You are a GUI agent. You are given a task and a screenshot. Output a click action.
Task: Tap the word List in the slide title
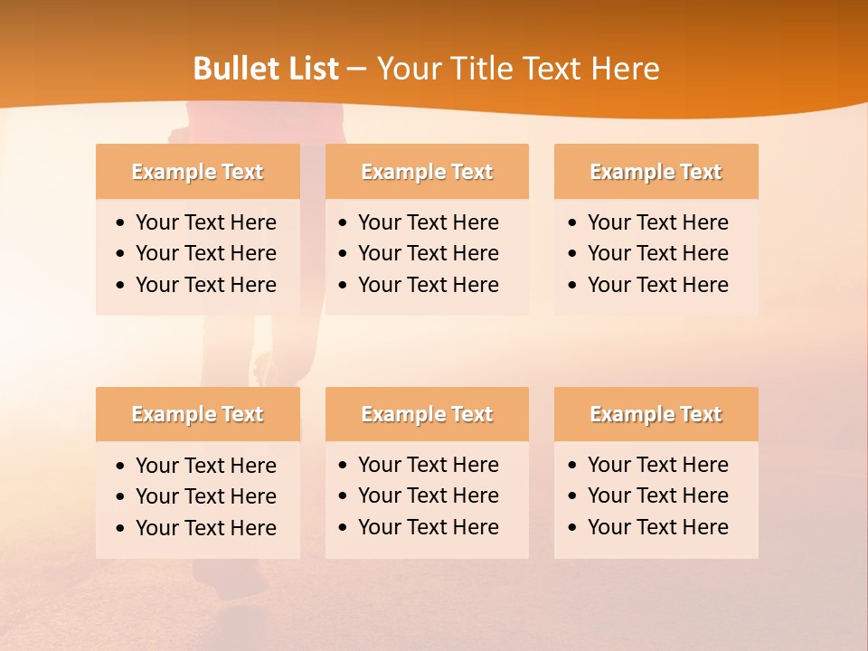tap(312, 69)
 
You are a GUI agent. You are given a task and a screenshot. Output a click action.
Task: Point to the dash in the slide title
tap(357, 70)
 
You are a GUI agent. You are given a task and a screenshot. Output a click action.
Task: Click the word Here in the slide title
tap(626, 69)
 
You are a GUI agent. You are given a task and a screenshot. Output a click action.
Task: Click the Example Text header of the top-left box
tap(197, 172)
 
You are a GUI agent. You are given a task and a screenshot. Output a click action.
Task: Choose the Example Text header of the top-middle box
tap(427, 172)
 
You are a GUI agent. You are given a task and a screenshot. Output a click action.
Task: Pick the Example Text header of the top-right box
tap(656, 172)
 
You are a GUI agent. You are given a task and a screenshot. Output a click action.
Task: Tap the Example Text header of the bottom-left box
tap(197, 414)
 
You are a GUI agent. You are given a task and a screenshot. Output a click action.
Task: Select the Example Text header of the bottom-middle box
tap(427, 414)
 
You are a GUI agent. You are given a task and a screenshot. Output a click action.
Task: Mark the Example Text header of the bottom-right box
tap(656, 414)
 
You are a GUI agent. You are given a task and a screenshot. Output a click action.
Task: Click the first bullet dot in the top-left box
tap(121, 223)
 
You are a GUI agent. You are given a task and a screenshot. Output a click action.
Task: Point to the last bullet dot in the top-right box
tap(573, 286)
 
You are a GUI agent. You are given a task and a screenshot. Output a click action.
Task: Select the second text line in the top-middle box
tap(428, 253)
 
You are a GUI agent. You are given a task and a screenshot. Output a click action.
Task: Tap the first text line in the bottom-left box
tap(205, 466)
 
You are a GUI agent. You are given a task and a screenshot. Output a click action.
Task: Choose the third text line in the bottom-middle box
tap(428, 527)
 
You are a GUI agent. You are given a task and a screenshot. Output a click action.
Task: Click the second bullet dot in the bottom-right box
tap(573, 496)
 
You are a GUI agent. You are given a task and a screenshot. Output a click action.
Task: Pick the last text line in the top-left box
tap(205, 285)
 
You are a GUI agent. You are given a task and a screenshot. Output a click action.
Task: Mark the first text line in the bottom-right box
tap(657, 465)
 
